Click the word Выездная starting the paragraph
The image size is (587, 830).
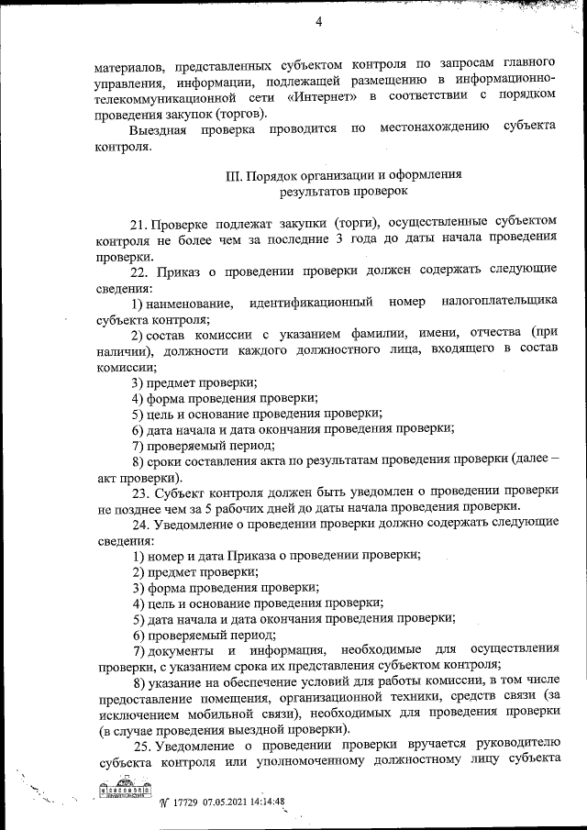[x=159, y=128]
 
